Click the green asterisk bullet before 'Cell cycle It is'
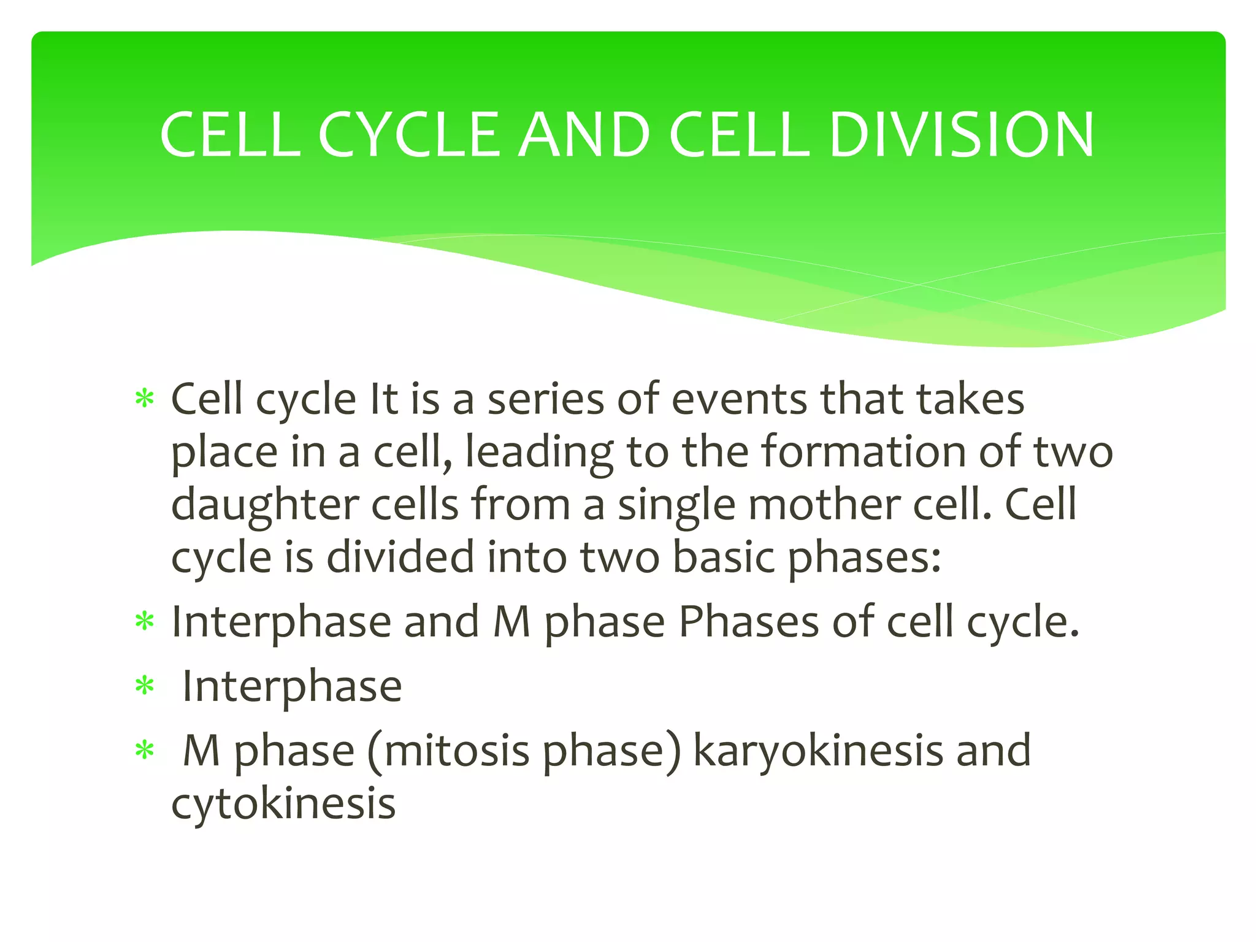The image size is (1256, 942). coord(145,400)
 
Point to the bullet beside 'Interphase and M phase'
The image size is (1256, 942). coord(145,622)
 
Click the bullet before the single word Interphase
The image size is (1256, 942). coord(145,686)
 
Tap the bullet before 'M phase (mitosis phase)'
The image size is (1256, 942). coord(145,751)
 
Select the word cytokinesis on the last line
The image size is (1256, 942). coord(283,803)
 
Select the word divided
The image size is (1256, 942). coord(400,557)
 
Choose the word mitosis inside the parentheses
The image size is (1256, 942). coord(456,751)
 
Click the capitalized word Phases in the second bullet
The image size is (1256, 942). coord(749,622)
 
